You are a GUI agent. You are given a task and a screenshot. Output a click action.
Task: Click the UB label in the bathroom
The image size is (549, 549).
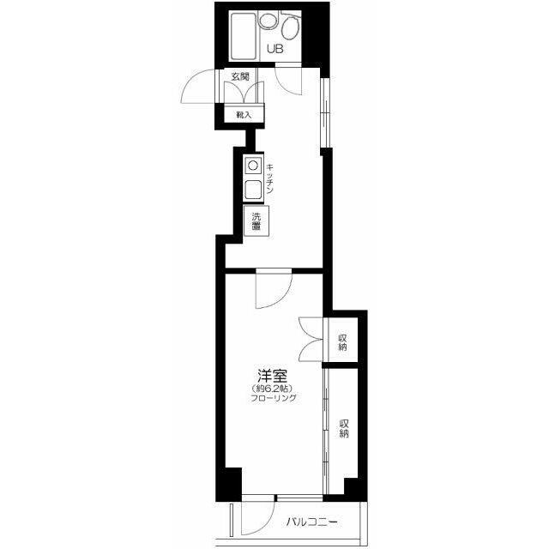[x=274, y=49]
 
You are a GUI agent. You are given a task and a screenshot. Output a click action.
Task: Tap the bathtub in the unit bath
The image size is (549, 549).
[x=243, y=36]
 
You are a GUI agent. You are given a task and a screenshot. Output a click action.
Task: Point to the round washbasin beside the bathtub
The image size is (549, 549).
[x=267, y=21]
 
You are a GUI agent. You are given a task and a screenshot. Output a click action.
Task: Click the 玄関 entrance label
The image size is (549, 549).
[x=240, y=76]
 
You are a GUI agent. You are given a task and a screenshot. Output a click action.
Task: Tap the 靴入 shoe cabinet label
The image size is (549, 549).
[x=244, y=114]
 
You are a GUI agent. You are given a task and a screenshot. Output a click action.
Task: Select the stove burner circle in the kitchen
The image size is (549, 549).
[x=253, y=165]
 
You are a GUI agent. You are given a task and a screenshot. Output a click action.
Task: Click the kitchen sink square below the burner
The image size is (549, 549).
[x=253, y=190]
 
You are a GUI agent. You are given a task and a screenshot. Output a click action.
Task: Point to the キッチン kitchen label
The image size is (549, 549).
[x=269, y=179]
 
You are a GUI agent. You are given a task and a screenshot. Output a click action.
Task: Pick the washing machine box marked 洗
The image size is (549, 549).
[x=256, y=220]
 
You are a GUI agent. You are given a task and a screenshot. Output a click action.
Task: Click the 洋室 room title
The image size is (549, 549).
[x=273, y=376]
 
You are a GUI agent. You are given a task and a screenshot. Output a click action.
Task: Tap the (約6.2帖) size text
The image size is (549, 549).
[x=272, y=389]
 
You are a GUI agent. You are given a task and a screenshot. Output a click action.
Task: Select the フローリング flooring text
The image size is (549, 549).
[x=274, y=398]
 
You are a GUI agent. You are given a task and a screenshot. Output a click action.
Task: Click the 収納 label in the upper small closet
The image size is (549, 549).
[x=342, y=343]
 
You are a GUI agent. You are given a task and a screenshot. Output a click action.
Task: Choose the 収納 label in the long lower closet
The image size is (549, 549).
[x=344, y=429]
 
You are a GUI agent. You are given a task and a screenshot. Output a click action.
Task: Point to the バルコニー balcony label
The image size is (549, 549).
[x=312, y=522]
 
